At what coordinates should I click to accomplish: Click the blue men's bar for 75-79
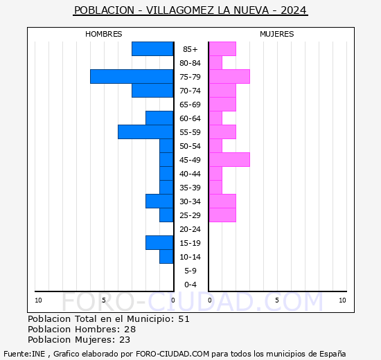point(132,77)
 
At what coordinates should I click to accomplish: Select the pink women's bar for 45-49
point(229,160)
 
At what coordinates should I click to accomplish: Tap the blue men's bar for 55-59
point(145,132)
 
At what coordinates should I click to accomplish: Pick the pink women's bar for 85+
point(222,49)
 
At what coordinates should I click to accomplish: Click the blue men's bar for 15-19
point(159,243)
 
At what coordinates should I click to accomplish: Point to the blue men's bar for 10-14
point(166,257)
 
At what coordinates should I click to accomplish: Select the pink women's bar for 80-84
point(215,63)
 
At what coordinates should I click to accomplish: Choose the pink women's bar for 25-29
point(222,215)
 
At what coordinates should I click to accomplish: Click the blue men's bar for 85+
point(152,49)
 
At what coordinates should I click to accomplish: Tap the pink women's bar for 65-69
point(222,105)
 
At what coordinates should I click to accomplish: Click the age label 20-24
point(190,229)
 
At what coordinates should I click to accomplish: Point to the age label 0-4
point(190,285)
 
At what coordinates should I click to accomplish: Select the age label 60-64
point(190,118)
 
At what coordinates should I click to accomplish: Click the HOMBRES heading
point(103,34)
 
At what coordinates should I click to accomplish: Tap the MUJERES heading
point(277,34)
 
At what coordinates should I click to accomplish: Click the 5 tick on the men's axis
point(104,300)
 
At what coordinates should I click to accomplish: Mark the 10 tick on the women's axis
point(342,300)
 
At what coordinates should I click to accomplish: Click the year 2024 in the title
point(294,10)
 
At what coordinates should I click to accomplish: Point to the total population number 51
point(184,318)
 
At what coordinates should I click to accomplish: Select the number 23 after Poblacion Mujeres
point(125,340)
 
